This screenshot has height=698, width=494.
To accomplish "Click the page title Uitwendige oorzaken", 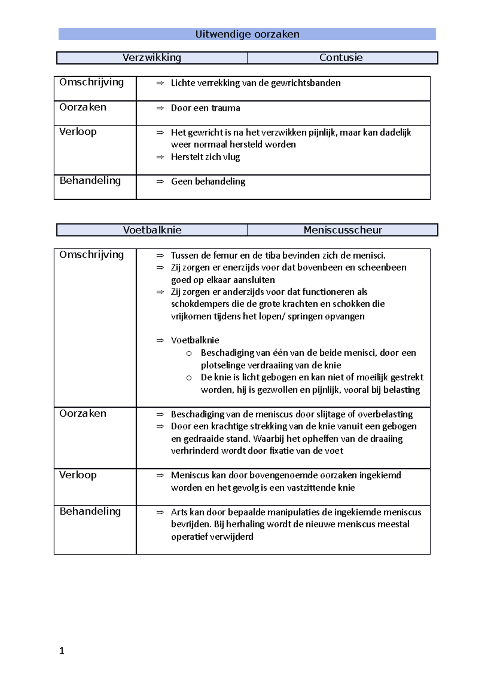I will [x=247, y=34].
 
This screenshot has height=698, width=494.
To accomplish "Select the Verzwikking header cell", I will [x=151, y=58].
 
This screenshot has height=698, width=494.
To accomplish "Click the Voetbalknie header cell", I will [x=152, y=230].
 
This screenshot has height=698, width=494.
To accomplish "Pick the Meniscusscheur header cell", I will [x=343, y=230].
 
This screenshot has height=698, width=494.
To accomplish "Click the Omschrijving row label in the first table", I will [x=91, y=82].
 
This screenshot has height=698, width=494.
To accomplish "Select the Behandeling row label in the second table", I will [x=90, y=511].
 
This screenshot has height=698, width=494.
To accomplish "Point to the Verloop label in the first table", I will [x=78, y=132].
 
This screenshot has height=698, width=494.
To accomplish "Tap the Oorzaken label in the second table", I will [x=83, y=413].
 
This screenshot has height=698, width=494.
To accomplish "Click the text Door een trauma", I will [x=205, y=108].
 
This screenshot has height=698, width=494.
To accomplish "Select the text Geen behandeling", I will [x=208, y=181].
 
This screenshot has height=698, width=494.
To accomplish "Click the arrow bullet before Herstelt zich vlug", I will [x=160, y=157].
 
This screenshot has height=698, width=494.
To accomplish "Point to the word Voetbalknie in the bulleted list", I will [x=195, y=340].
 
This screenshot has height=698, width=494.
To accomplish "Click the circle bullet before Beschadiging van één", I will [x=189, y=353].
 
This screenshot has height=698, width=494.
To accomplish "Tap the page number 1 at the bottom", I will [x=62, y=650].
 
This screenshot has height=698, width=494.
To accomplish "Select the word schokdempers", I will [x=196, y=304].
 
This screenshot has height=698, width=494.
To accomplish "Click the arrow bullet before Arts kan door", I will [x=160, y=512].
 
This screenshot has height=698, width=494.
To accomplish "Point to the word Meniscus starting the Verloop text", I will [x=190, y=475].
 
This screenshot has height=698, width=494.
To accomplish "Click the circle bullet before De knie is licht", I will [x=189, y=378].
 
